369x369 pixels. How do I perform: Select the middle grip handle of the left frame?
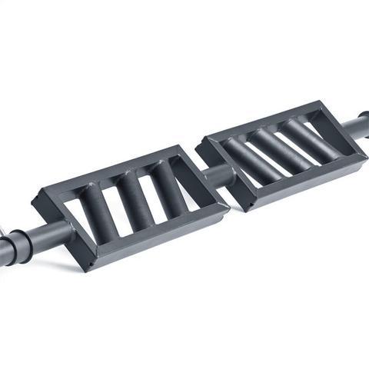pos(134,201)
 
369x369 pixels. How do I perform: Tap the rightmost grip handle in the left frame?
pos(168,188)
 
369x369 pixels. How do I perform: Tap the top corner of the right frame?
pos(316,103)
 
